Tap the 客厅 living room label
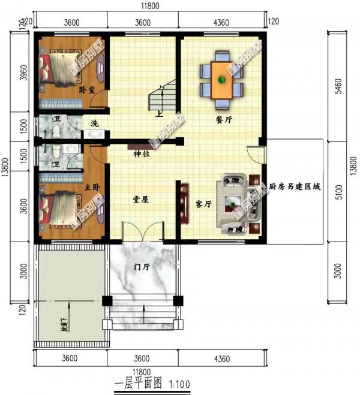(204, 204)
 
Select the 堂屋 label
(141, 200)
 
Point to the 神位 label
(142, 154)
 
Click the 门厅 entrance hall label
(142, 267)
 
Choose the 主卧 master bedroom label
(92, 188)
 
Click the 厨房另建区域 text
(294, 187)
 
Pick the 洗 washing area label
(94, 123)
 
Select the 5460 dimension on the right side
(338, 85)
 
